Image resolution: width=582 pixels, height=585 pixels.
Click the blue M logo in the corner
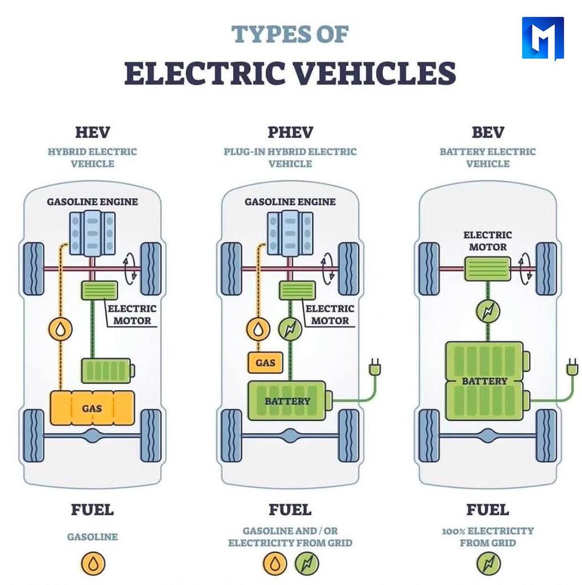pyautogui.click(x=542, y=38)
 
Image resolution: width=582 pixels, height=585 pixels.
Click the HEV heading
pyautogui.click(x=92, y=133)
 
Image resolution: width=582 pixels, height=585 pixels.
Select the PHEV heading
pyautogui.click(x=290, y=133)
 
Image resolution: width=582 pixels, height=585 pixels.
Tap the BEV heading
pyautogui.click(x=488, y=133)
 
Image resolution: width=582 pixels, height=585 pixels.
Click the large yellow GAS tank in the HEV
pyautogui.click(x=92, y=408)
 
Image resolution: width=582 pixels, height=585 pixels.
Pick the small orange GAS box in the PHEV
pyautogui.click(x=265, y=362)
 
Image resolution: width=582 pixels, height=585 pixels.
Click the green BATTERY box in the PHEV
pyautogui.click(x=287, y=401)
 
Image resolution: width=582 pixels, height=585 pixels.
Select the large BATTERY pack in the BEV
pyautogui.click(x=484, y=380)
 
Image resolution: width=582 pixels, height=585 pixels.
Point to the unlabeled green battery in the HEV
pyautogui.click(x=107, y=370)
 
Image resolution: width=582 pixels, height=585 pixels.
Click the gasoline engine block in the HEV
pyautogui.click(x=92, y=233)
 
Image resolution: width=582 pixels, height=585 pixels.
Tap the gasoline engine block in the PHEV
pyautogui.click(x=290, y=233)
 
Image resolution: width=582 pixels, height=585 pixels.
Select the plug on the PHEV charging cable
pyautogui.click(x=375, y=367)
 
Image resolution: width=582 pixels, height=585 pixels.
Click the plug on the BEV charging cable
pyautogui.click(x=571, y=367)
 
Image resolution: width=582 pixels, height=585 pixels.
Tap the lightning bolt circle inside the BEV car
pyautogui.click(x=487, y=311)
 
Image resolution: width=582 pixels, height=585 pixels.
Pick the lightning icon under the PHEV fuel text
pyautogui.click(x=307, y=564)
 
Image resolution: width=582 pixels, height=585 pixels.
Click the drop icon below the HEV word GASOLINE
pyautogui.click(x=93, y=564)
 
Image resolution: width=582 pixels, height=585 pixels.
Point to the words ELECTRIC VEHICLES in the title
pyautogui.click(x=290, y=73)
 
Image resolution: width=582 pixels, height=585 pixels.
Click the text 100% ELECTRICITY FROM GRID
pyautogui.click(x=488, y=536)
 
